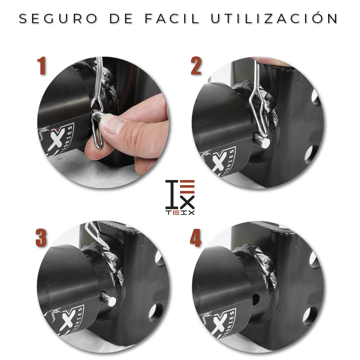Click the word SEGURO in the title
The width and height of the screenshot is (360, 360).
pos(58,19)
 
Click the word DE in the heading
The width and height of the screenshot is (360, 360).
pos(121,19)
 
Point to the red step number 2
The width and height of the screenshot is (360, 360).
pos(196,66)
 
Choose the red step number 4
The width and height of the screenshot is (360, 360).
pos(196,238)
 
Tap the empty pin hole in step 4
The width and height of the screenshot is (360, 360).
pos(256,299)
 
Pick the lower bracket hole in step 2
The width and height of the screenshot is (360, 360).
pos(311,154)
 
